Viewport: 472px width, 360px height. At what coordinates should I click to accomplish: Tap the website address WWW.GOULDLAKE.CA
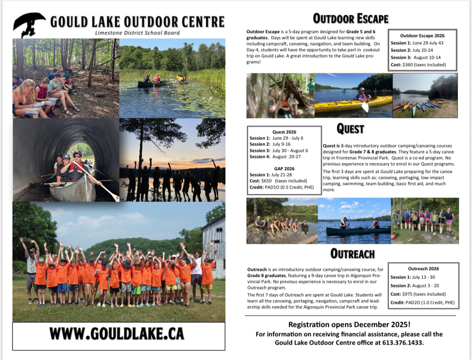pyautogui.click(x=117, y=334)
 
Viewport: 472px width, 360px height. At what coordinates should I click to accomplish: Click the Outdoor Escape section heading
pyautogui.click(x=351, y=19)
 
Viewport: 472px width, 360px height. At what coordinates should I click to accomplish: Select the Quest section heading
pyautogui.click(x=350, y=129)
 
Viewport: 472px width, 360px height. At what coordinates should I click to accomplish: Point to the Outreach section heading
pyautogui.click(x=352, y=254)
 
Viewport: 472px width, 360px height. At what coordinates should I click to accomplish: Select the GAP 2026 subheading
pyautogui.click(x=284, y=169)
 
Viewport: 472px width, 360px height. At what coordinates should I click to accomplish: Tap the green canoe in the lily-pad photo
pyautogui.click(x=152, y=84)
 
